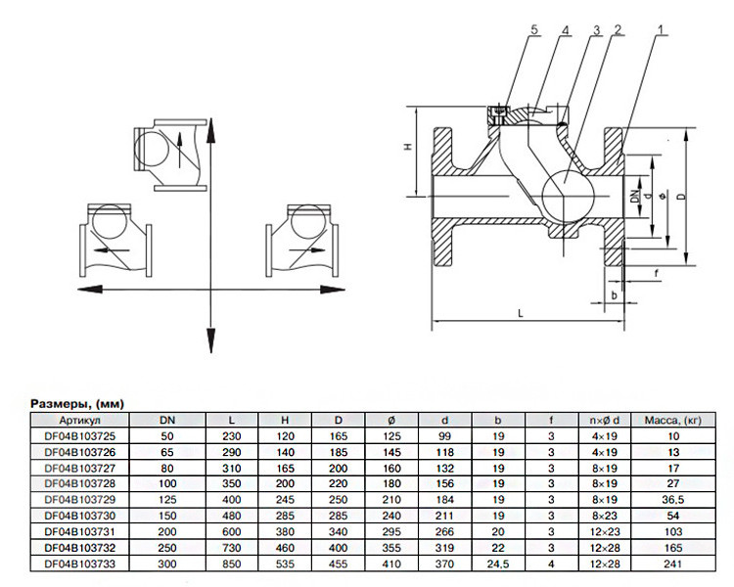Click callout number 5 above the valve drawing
[x=534, y=29]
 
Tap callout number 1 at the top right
[x=661, y=29]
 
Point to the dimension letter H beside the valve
[x=408, y=147]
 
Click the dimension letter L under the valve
[x=521, y=313]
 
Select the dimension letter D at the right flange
[x=682, y=194]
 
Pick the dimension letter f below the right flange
[x=657, y=273]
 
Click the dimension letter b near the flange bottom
[x=615, y=295]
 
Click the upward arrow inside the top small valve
[x=179, y=150]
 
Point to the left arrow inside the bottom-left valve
[x=112, y=250]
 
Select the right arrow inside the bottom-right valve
[x=307, y=250]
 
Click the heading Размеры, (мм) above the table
[x=77, y=403]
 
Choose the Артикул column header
[x=79, y=420]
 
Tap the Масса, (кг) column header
[x=673, y=420]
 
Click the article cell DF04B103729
[x=79, y=500]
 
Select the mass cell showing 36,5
[x=673, y=500]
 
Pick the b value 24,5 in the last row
[x=497, y=564]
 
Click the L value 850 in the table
[x=232, y=564]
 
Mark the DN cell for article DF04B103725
[x=167, y=436]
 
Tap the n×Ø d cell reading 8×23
[x=605, y=516]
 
